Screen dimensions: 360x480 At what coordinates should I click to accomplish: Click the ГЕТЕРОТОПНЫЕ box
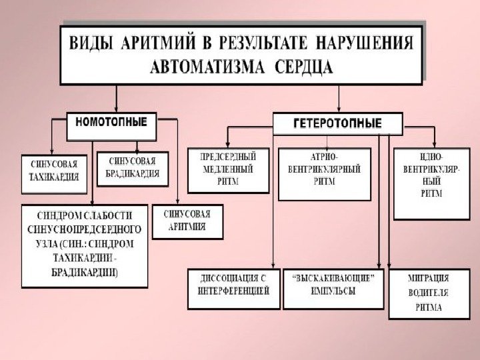click(338, 124)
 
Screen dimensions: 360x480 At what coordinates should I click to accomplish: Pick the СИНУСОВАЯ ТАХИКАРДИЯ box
click(54, 171)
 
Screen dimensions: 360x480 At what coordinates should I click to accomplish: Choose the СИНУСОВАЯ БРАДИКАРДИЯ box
click(133, 169)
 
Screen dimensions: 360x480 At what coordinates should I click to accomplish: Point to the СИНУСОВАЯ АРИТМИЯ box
click(187, 221)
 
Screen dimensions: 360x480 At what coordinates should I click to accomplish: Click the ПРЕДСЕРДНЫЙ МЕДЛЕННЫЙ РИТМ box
click(228, 169)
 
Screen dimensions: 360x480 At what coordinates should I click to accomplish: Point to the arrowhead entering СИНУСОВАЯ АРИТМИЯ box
click(177, 201)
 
